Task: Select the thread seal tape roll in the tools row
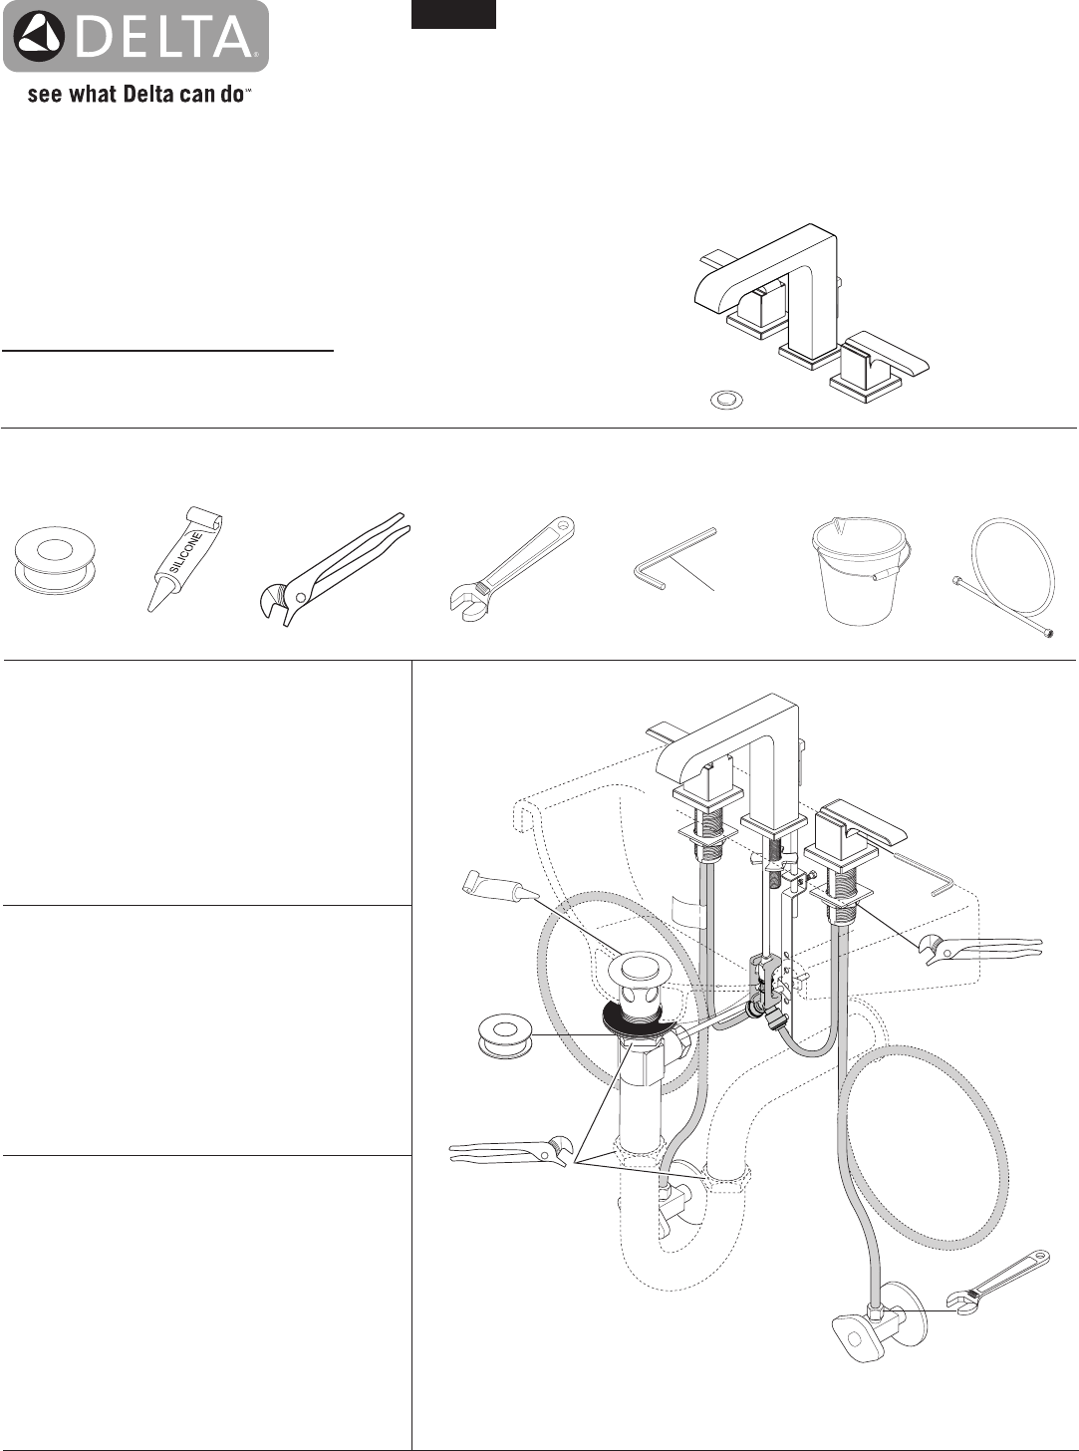pyautogui.click(x=51, y=562)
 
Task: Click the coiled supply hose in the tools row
pyautogui.click(x=1002, y=576)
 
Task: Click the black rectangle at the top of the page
pyautogui.click(x=452, y=14)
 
